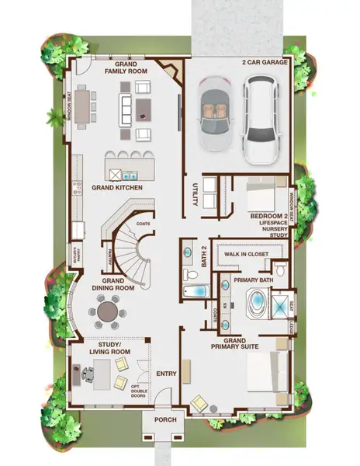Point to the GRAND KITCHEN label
[x=115, y=188]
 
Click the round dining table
[x=109, y=311]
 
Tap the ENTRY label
[x=166, y=374]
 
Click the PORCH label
[x=165, y=420]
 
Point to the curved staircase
[x=132, y=237]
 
